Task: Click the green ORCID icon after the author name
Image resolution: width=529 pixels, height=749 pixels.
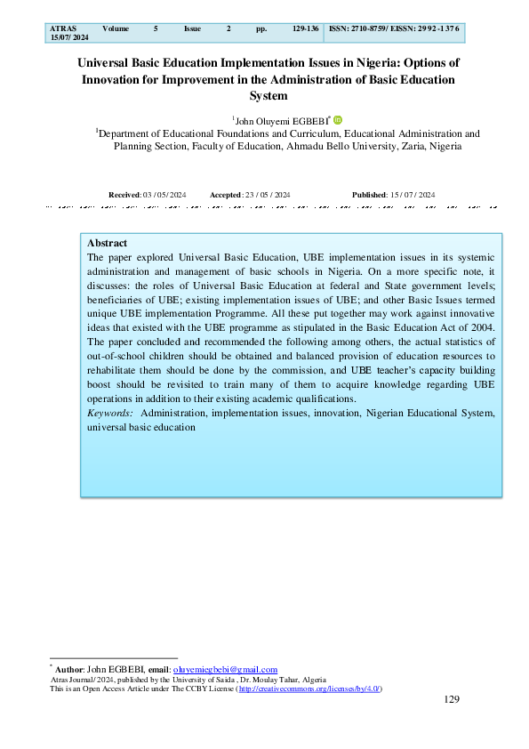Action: (338, 120)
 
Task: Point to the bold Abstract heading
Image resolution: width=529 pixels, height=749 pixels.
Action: (108, 243)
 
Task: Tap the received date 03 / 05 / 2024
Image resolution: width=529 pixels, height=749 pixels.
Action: (165, 194)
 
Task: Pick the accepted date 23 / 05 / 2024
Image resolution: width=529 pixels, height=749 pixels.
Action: (269, 194)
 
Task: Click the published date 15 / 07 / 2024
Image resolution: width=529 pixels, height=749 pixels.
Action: (413, 194)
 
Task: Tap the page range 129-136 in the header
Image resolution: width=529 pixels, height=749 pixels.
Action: (306, 29)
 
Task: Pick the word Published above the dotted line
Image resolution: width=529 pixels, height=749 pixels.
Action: (370, 194)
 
